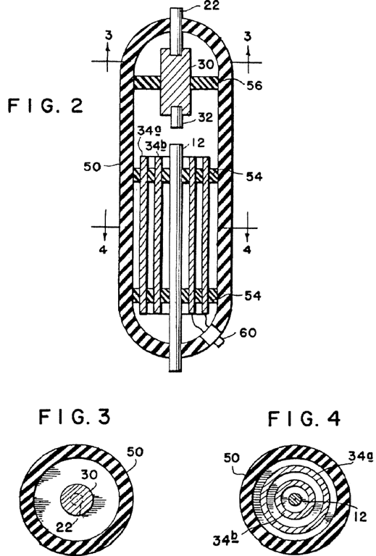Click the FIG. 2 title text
(x=46, y=106)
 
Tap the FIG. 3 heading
(x=75, y=416)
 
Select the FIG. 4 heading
(x=304, y=418)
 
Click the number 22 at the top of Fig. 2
(x=212, y=5)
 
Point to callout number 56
(x=254, y=85)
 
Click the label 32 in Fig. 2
(x=205, y=117)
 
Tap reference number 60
(x=248, y=333)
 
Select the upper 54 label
(x=254, y=176)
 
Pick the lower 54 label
(x=253, y=295)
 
